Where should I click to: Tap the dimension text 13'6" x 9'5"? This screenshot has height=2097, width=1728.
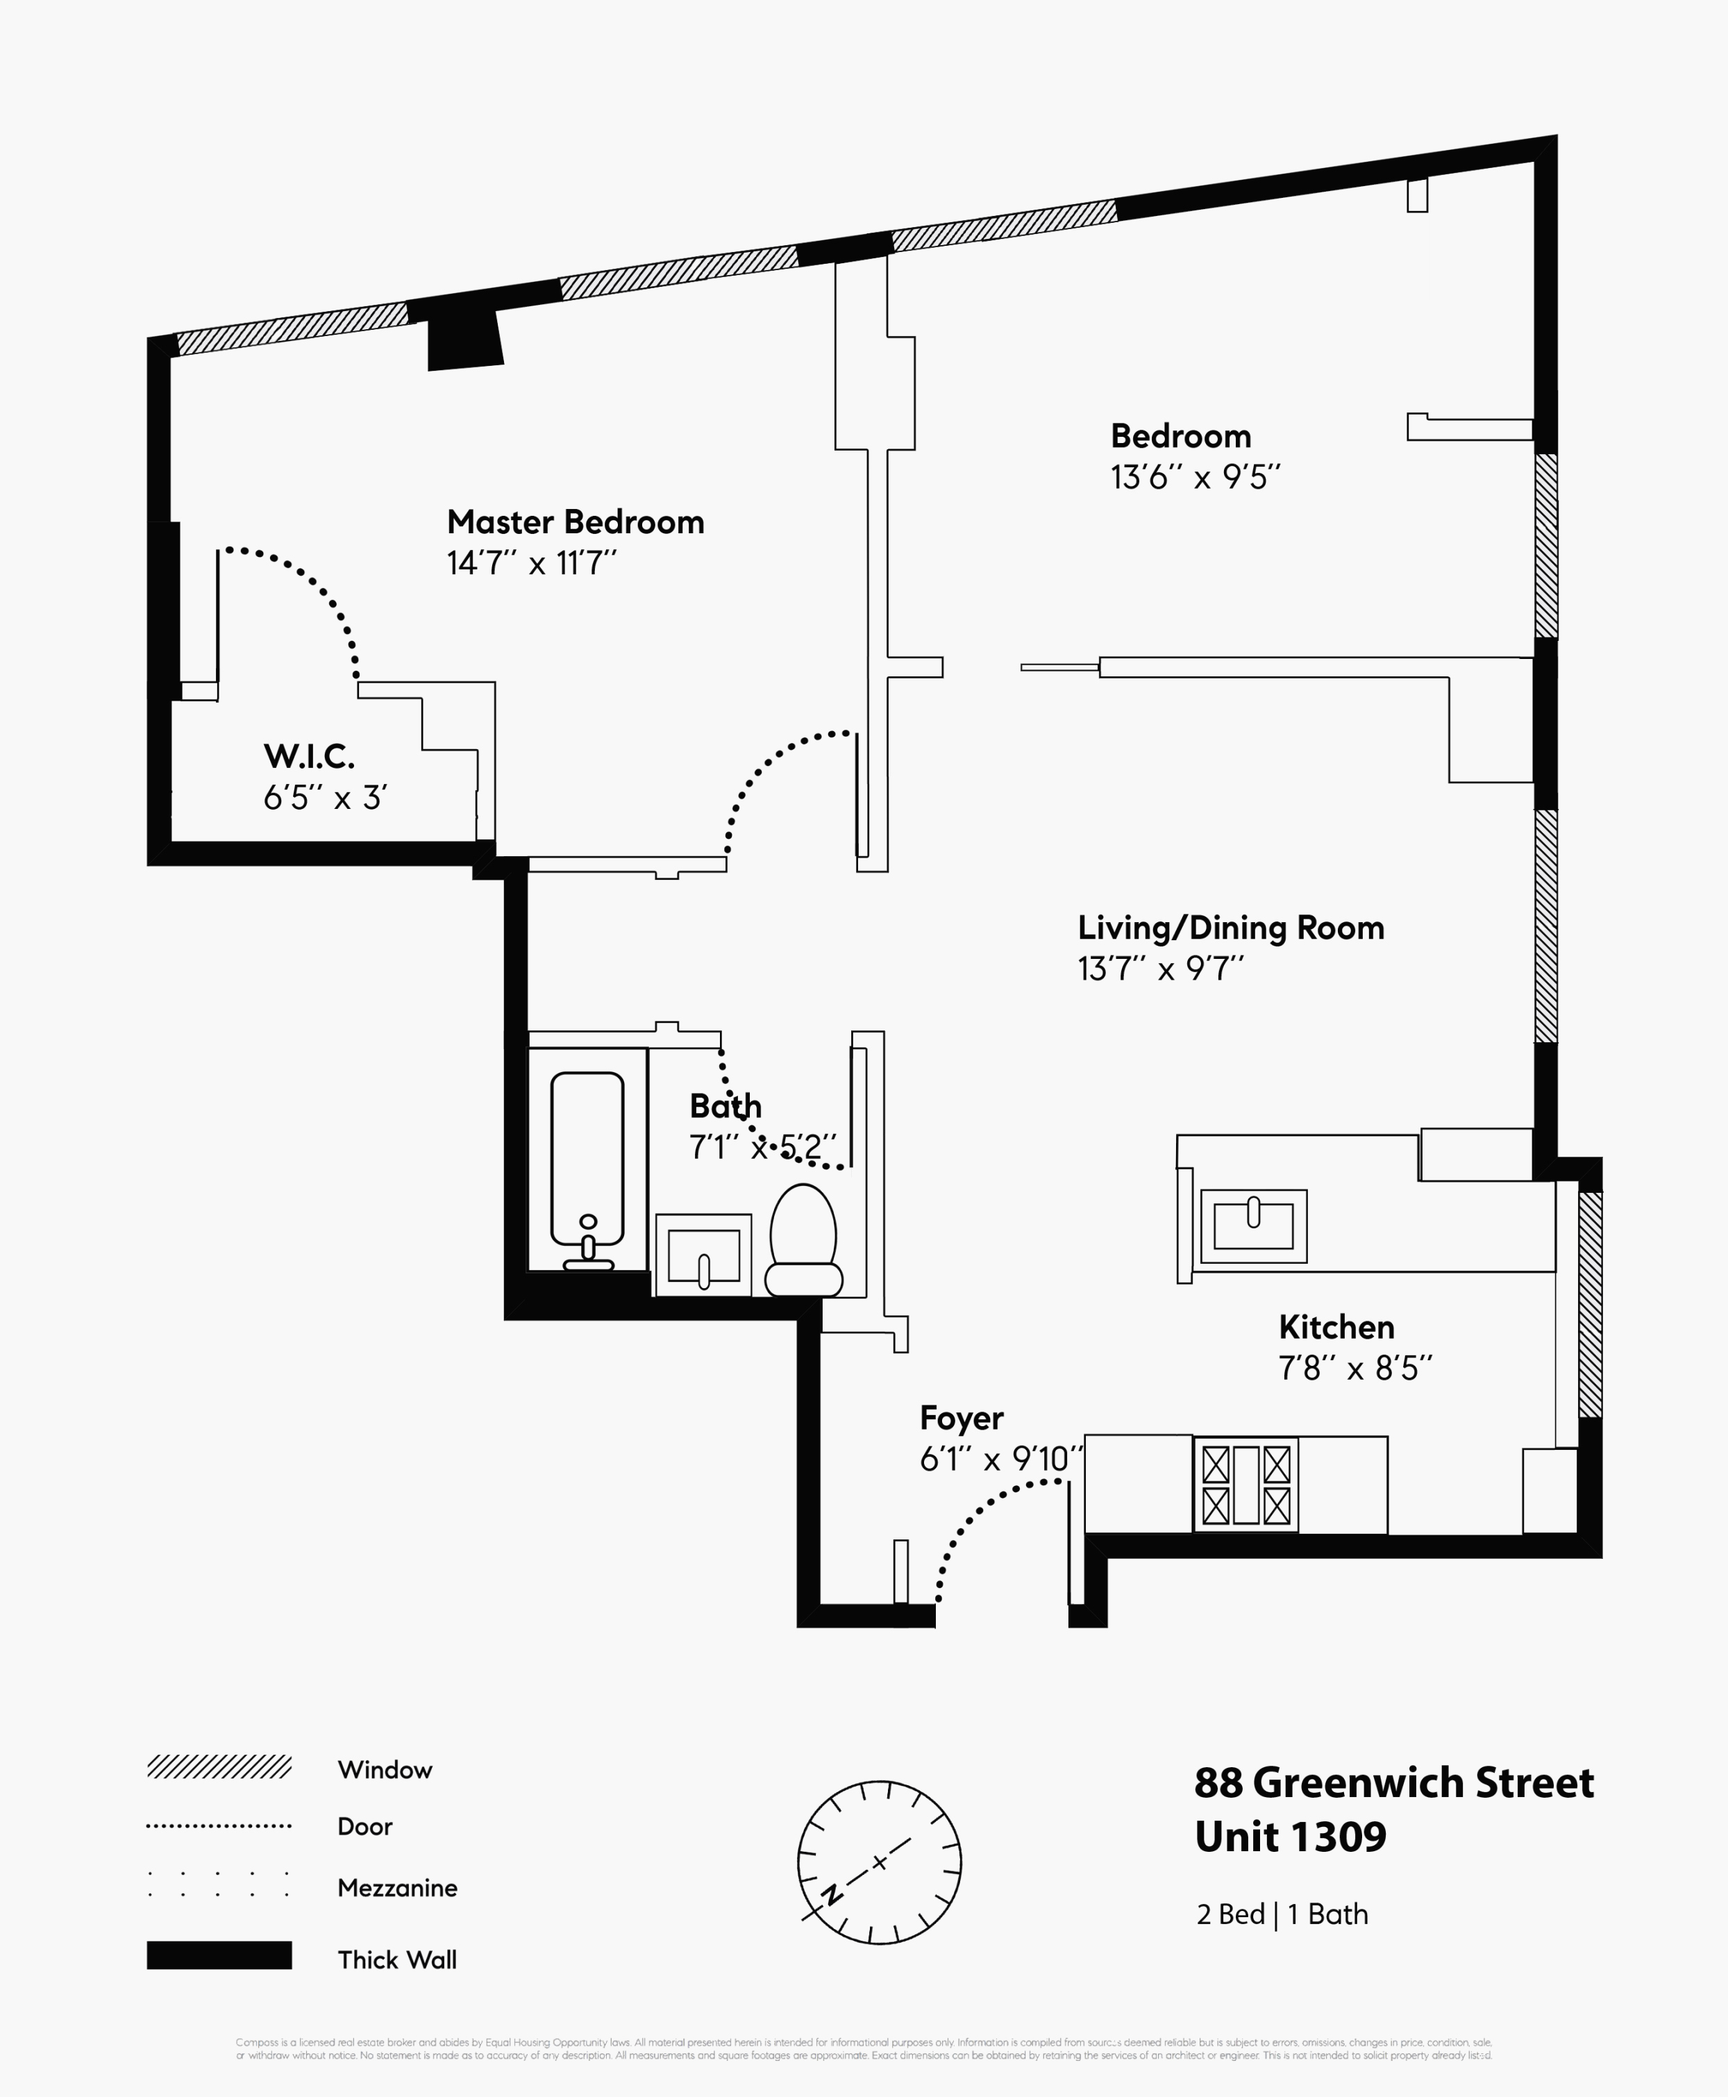[1195, 478]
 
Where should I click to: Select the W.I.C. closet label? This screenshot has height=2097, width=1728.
[308, 757]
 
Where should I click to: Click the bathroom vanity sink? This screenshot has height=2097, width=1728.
[703, 1255]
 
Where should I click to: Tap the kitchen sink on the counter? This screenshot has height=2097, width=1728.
[1253, 1226]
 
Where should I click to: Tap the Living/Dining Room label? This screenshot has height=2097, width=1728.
[1230, 928]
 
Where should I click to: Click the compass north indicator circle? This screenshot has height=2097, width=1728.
[879, 1862]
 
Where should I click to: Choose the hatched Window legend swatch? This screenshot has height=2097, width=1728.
[219, 1766]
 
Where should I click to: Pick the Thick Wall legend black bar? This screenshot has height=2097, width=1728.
[219, 1955]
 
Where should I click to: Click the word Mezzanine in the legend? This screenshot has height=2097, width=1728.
[397, 1888]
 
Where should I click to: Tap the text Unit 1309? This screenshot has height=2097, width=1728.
[1290, 1837]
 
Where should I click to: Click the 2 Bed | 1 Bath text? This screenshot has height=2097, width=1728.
[1282, 1914]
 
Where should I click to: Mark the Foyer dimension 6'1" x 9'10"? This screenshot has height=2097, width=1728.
[1000, 1460]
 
